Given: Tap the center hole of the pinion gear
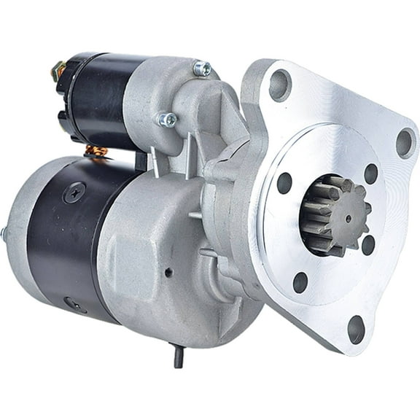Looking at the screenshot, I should coord(347,217).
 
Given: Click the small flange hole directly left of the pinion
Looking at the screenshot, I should coord(284,182).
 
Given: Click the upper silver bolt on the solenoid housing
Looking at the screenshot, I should coord(201,69).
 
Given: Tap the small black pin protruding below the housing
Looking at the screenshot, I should coord(177,357).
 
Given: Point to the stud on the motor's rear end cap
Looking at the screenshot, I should coord(4,234).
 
